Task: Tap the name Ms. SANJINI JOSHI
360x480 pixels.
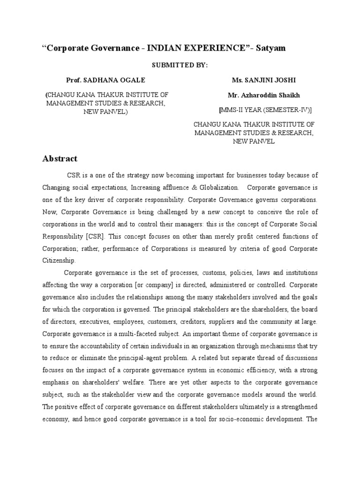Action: click(258, 80)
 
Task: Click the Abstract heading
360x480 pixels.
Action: click(60, 158)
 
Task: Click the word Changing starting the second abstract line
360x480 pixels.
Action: click(57, 187)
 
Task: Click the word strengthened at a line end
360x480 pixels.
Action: click(295, 407)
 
